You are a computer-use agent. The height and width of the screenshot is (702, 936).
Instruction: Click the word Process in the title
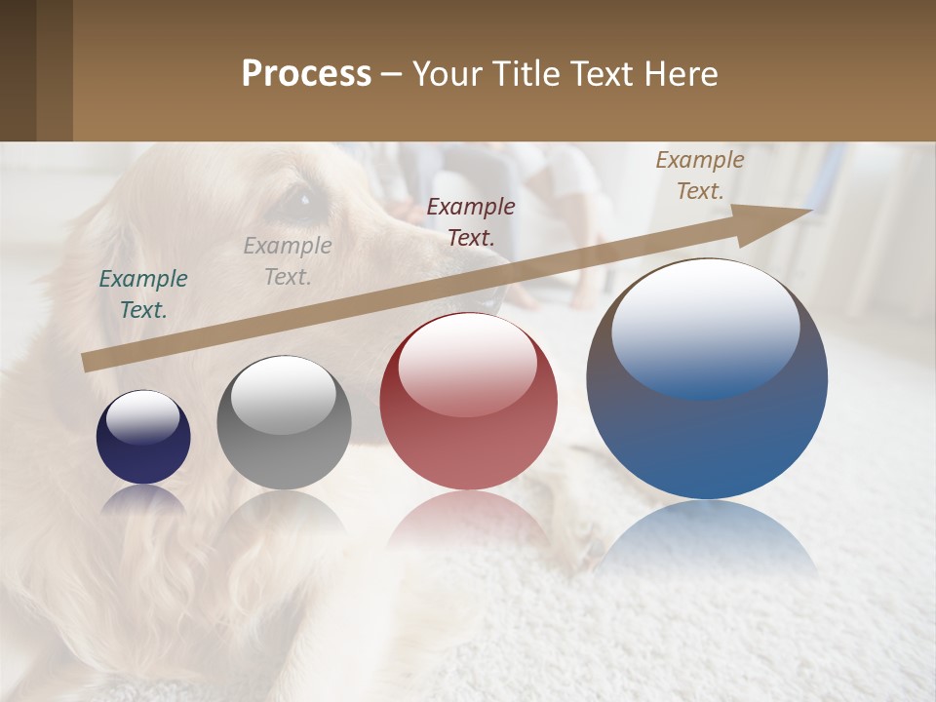point(306,74)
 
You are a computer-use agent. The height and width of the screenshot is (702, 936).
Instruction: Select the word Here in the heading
point(680,74)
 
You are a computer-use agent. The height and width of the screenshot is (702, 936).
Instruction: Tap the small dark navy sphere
point(143,437)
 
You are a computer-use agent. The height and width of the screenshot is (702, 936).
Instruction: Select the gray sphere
point(284,423)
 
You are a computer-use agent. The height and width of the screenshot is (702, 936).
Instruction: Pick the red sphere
point(469,401)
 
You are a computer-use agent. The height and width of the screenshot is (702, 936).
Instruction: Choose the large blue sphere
point(707,379)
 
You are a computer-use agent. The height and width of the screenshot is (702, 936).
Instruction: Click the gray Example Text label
point(288,261)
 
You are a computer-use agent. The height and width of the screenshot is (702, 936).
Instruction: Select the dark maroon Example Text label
point(471,221)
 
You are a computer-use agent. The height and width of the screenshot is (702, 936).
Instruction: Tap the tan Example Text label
point(700,175)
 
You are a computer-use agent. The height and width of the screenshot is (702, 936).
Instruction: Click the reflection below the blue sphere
point(707,536)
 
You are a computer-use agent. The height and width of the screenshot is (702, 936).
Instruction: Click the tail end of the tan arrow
point(86,363)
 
